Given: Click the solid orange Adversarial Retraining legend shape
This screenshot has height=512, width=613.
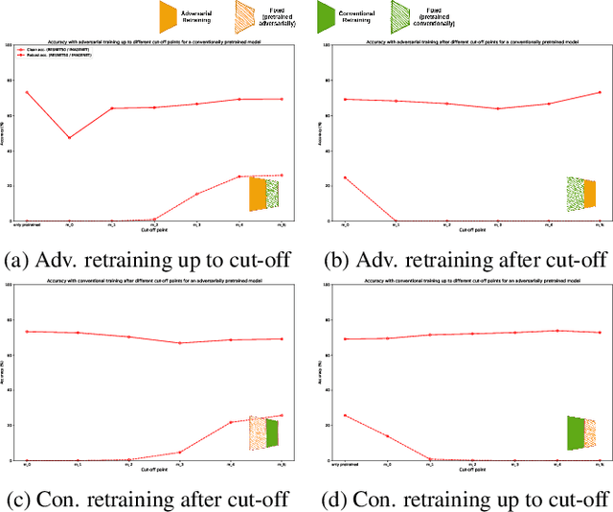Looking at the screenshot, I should tap(169, 15).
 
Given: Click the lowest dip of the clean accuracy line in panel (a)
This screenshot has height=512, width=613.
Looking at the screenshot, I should tap(69, 137).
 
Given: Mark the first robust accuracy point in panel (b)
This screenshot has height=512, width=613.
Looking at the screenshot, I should tap(345, 177).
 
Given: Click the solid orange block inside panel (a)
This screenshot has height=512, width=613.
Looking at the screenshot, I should tap(257, 194).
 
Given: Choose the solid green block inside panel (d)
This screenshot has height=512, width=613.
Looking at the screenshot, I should tap(575, 432).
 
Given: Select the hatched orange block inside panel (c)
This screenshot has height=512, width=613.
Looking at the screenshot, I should tap(257, 432).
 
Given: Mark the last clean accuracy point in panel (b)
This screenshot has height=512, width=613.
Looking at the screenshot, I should tap(600, 93).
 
